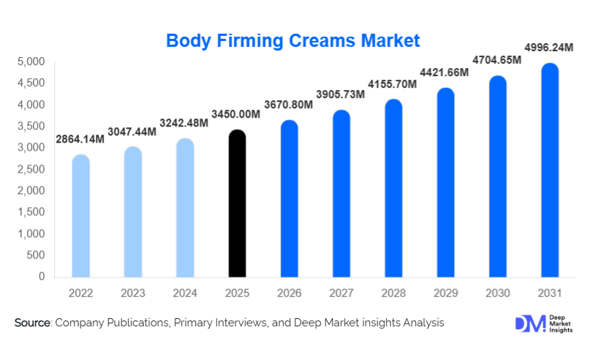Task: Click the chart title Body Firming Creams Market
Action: click(293, 40)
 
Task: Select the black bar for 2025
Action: click(238, 205)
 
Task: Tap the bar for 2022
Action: click(80, 217)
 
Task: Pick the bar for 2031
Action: click(550, 171)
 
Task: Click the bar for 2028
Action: click(393, 189)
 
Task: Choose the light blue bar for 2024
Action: click(185, 209)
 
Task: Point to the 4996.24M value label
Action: click(550, 48)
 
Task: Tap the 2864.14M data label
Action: click(80, 139)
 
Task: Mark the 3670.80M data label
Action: click(289, 105)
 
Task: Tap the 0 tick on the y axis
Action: click(42, 277)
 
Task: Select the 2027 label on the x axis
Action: click(341, 293)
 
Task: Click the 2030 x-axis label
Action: click(497, 293)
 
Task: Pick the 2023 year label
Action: click(132, 293)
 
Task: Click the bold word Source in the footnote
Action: click(32, 323)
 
